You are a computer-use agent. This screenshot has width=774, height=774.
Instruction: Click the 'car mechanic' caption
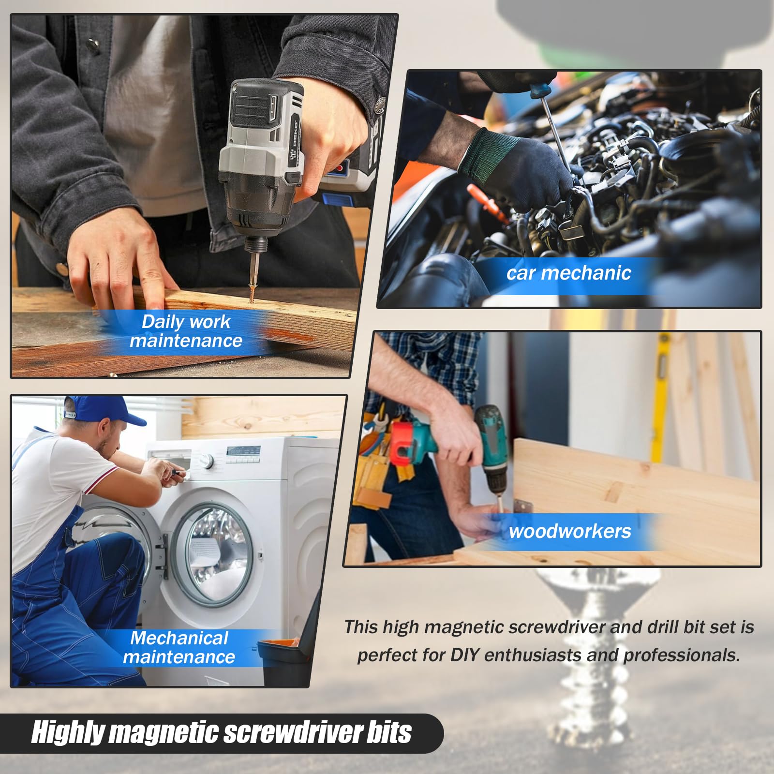tap(568, 273)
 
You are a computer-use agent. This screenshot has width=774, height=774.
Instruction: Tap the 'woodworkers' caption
tap(569, 532)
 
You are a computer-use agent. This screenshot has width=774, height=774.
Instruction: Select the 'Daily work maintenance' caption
tap(186, 331)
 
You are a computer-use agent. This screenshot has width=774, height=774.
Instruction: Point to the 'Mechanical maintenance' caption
tap(179, 648)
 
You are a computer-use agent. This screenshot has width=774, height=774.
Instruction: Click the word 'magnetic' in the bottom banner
tap(164, 733)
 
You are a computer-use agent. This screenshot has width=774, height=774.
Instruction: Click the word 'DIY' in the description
tap(465, 655)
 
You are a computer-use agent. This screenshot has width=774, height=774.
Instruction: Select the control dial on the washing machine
tap(207, 462)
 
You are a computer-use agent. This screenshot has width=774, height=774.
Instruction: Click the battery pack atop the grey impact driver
tap(261, 104)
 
